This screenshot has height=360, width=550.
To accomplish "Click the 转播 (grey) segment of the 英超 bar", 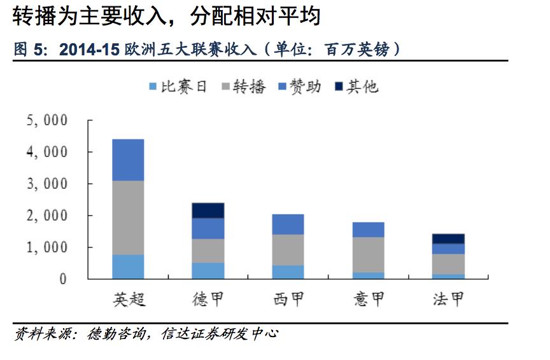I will point(128,218).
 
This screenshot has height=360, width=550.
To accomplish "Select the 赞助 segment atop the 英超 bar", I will point(128,160).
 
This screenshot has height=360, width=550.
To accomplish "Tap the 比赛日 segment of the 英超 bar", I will point(128,267).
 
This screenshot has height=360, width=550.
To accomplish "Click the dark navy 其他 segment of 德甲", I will point(208,211).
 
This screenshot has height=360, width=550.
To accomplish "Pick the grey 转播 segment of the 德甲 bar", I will point(208,251).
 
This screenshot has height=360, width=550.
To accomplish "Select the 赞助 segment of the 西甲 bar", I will point(288,225).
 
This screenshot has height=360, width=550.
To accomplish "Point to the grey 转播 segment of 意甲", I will point(368,254).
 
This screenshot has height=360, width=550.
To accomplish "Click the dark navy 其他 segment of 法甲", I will point(448,239).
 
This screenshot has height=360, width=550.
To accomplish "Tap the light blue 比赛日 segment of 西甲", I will point(288,272).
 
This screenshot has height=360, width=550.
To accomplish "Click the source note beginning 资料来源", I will point(146,333).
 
